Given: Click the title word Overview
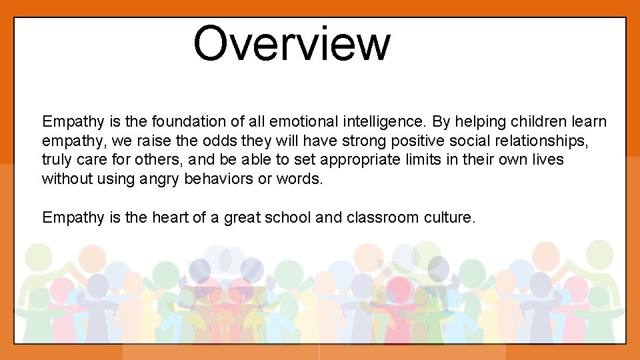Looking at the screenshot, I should [291, 43].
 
